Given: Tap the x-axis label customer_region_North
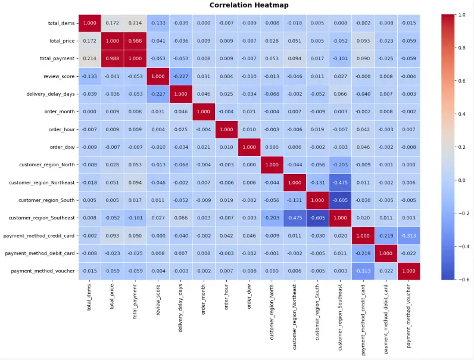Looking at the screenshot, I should coord(272,306).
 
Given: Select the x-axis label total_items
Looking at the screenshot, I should coord(89,296).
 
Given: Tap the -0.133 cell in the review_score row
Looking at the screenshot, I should coord(89,76).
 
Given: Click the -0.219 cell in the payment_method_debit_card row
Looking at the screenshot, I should coord(363,253).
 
